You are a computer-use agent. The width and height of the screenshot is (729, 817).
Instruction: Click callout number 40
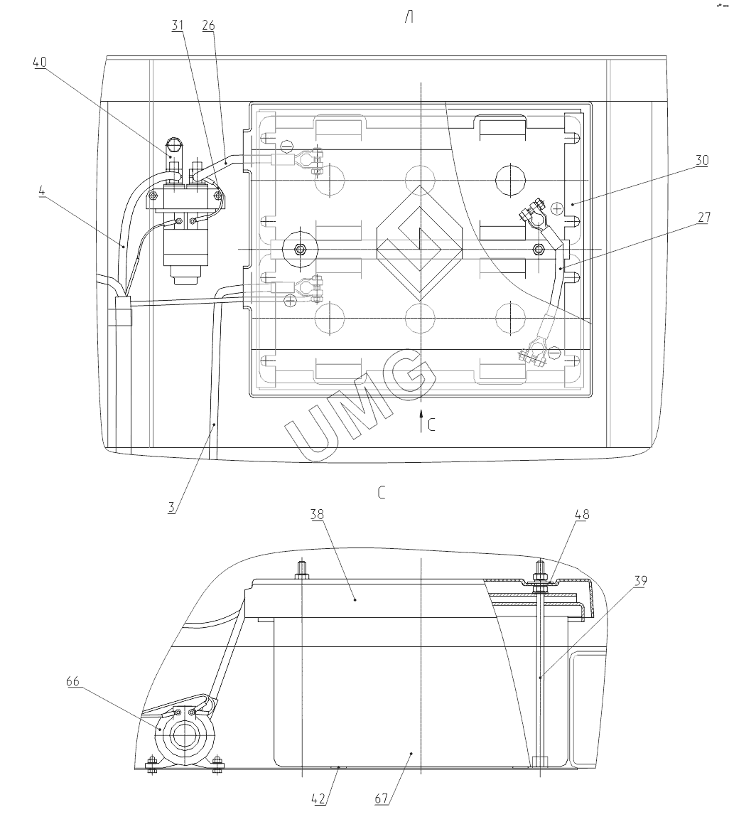pyautogui.click(x=40, y=62)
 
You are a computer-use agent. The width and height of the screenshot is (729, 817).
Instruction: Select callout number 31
pyautogui.click(x=178, y=26)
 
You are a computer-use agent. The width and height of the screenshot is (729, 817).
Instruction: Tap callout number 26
pyautogui.click(x=208, y=26)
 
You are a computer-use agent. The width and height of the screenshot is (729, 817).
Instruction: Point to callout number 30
pyautogui.click(x=702, y=160)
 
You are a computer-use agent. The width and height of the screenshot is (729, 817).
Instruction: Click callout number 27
pyautogui.click(x=703, y=217)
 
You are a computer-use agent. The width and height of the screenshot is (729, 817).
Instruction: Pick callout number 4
pyautogui.click(x=42, y=191)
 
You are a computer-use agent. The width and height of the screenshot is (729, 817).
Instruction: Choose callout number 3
pyautogui.click(x=171, y=508)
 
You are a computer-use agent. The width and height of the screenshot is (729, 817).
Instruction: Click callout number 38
pyautogui.click(x=317, y=514)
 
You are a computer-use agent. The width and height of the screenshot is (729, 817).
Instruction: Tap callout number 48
pyautogui.click(x=582, y=514)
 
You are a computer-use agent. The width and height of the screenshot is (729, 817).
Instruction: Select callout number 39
pyautogui.click(x=640, y=581)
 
